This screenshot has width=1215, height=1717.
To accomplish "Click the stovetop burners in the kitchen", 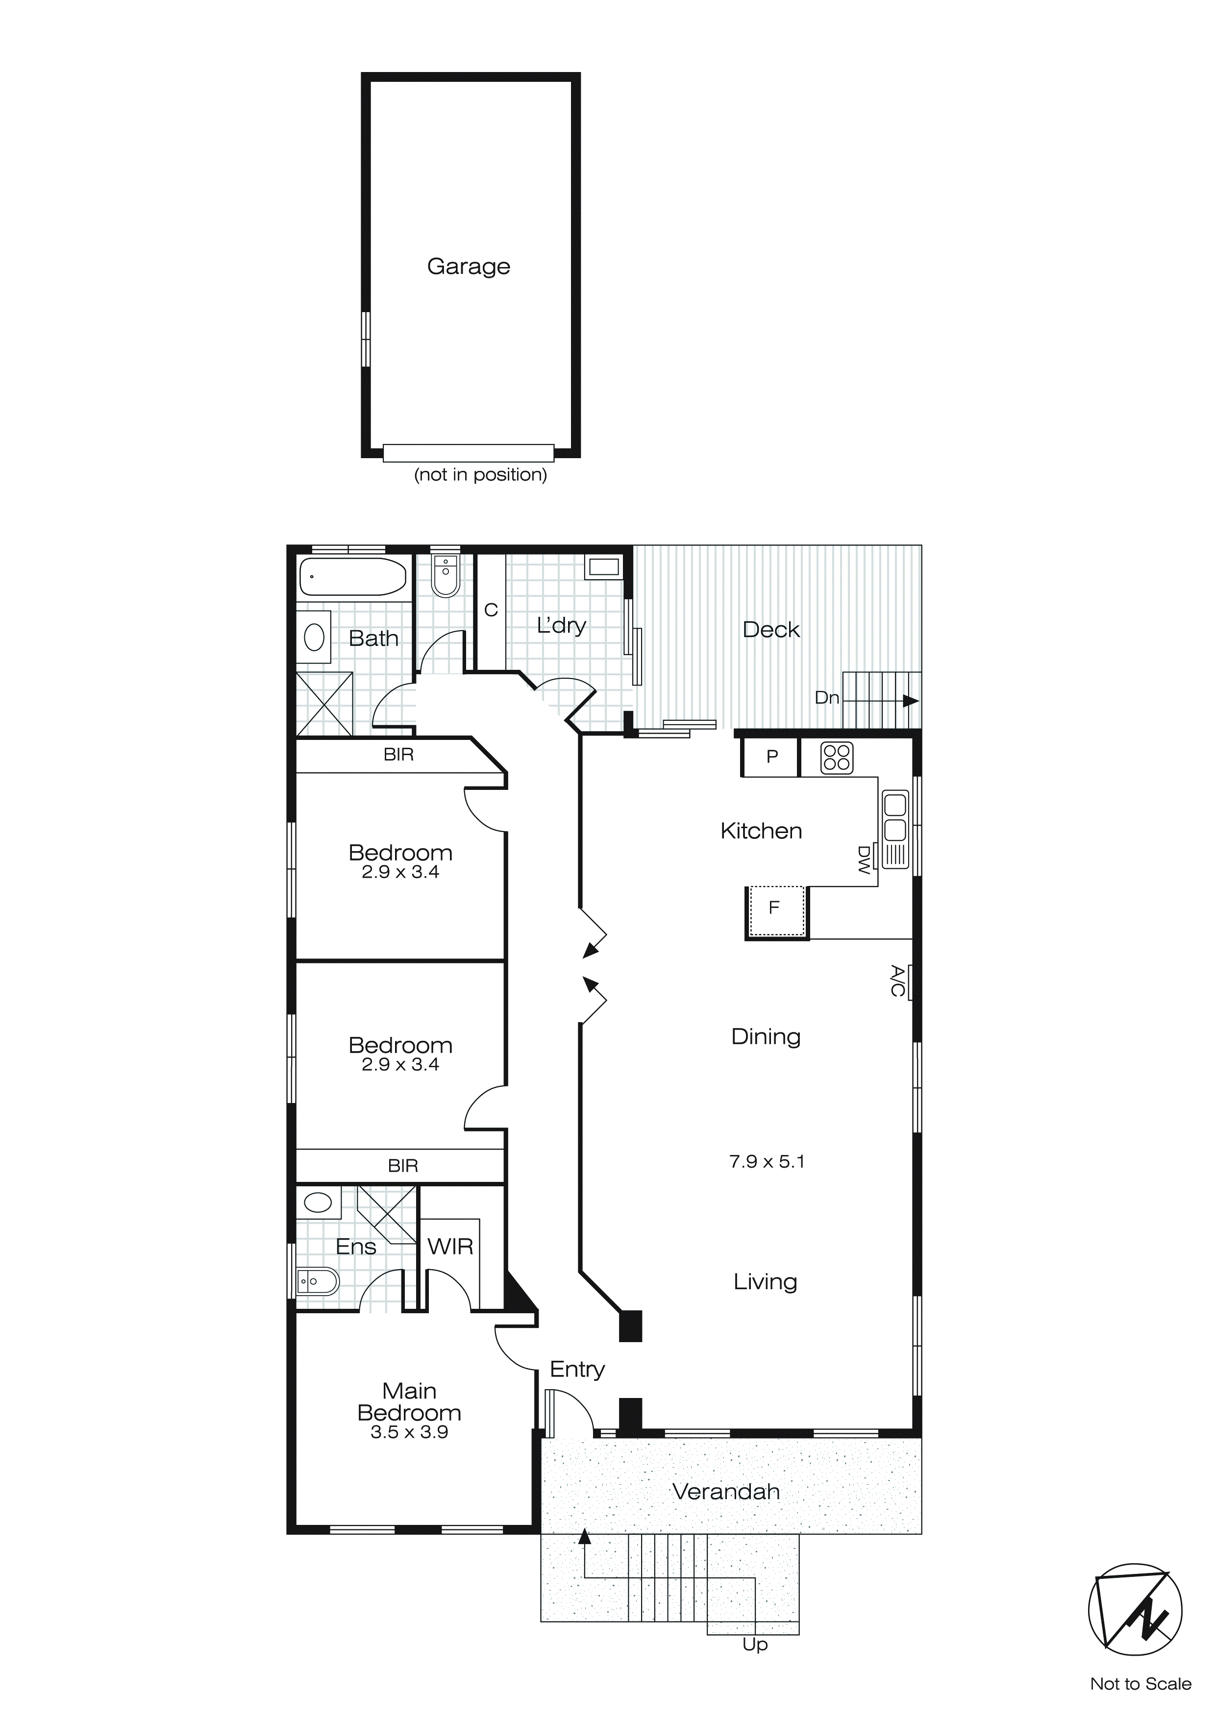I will [x=837, y=758].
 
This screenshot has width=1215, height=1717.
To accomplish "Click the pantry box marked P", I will [x=771, y=757].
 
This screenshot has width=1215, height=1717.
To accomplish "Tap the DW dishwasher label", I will [x=864, y=860].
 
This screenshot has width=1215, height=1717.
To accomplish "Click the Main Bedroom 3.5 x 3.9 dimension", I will [x=409, y=1432].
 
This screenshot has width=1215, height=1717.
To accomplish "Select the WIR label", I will [x=450, y=1247].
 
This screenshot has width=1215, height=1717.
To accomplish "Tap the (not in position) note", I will [x=480, y=474].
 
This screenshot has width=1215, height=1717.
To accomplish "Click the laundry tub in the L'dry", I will [x=603, y=567].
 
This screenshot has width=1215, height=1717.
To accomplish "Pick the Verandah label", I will [x=726, y=1492].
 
